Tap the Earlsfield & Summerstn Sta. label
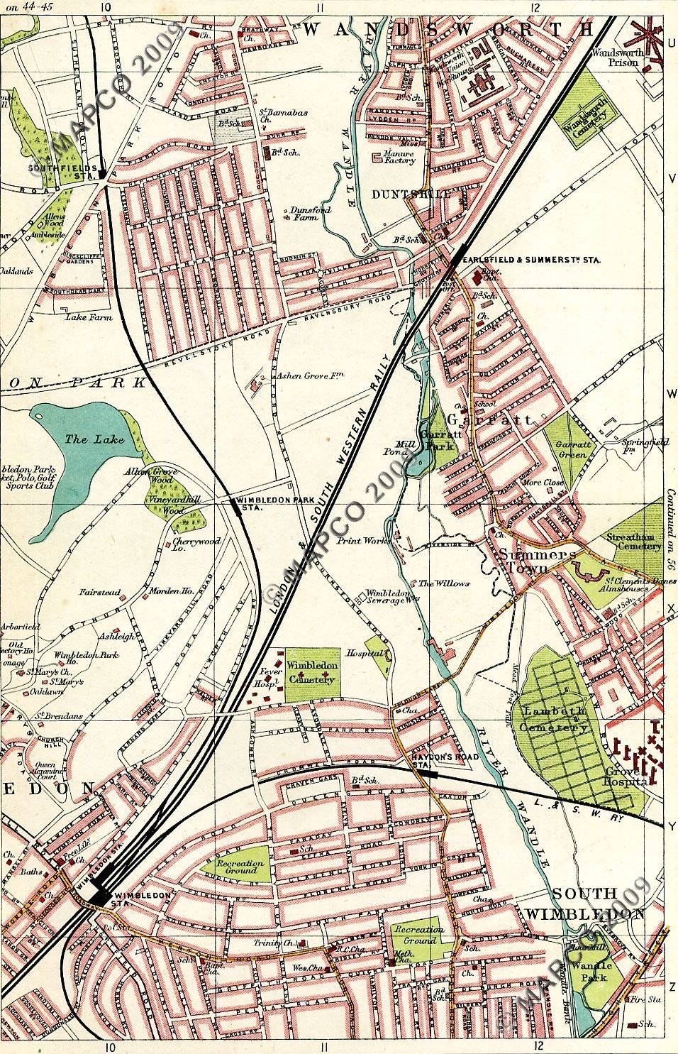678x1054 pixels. [x=530, y=260]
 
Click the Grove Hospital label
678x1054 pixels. [x=626, y=776]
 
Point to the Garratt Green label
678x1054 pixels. [x=571, y=450]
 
